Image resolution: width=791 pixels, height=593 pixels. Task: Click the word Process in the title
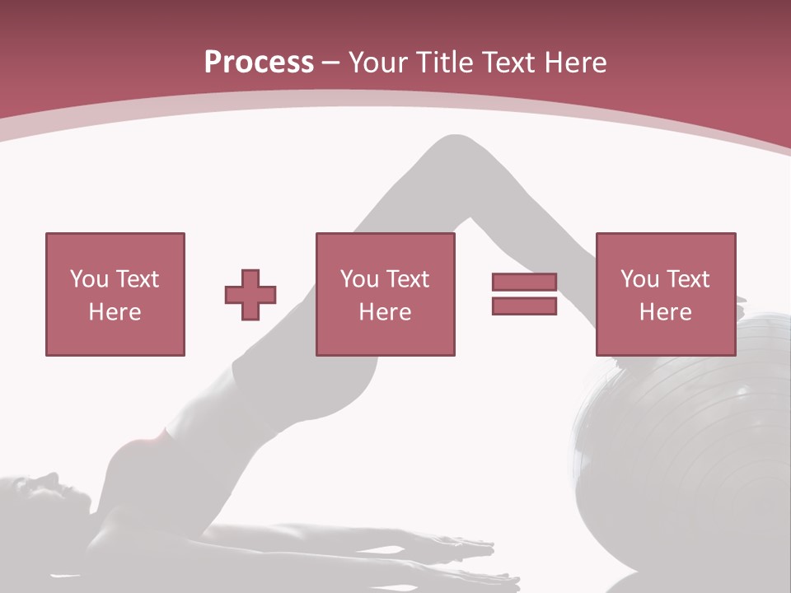click(x=259, y=63)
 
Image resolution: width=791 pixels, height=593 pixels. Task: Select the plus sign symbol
click(x=250, y=295)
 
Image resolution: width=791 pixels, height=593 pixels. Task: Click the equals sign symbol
click(x=524, y=294)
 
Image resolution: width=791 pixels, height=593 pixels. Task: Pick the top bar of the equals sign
click(x=524, y=282)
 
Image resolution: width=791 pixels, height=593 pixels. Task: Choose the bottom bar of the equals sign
click(x=524, y=306)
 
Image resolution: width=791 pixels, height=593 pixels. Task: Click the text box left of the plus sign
click(x=115, y=294)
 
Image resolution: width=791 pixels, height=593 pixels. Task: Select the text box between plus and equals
click(x=385, y=294)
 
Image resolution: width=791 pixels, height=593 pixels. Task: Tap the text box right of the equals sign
click(x=665, y=294)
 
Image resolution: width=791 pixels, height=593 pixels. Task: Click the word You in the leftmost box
click(x=88, y=279)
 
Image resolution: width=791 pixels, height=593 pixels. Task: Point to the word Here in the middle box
click(x=385, y=312)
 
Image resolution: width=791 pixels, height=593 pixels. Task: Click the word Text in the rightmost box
click(x=688, y=279)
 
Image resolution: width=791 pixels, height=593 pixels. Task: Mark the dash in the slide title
click(x=331, y=63)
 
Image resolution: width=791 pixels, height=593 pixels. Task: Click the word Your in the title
click(x=378, y=63)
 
